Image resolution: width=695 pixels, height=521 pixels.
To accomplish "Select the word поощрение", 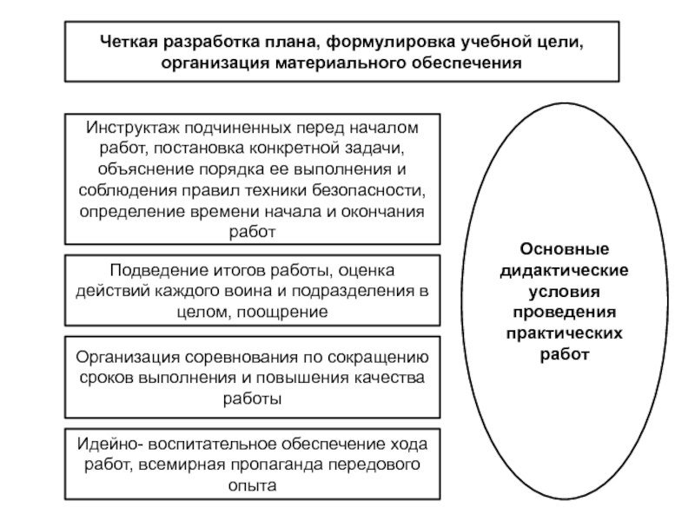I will point(284,312).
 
